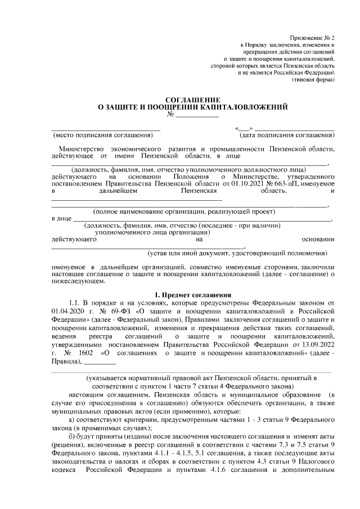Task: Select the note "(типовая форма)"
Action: (313, 80)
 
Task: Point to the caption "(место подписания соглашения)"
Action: (102, 136)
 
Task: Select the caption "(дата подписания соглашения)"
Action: (286, 136)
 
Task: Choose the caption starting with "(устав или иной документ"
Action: (237, 254)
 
